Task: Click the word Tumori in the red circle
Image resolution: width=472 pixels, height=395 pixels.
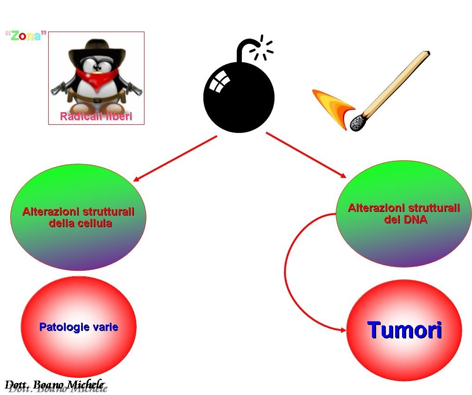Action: [404, 331]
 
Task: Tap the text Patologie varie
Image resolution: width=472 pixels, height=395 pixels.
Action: [79, 327]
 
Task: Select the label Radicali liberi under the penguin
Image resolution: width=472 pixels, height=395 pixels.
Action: [96, 116]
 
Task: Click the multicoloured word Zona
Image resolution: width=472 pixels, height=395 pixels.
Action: [26, 36]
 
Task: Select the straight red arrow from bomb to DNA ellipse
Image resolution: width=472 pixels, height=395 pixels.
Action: [306, 155]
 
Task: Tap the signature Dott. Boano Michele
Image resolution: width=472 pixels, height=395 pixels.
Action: [54, 384]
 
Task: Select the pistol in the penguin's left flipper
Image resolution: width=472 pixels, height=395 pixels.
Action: [58, 88]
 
